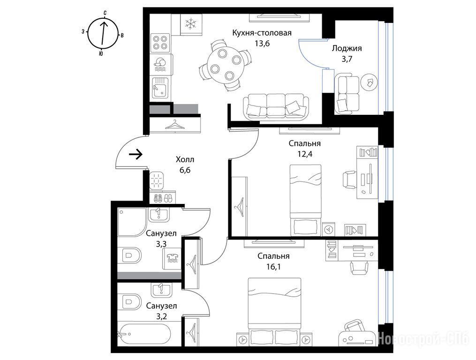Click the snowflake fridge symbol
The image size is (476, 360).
[x=191, y=24]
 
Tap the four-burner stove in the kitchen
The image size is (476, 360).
[x=160, y=43]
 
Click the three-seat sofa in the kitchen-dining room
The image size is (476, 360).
[x=276, y=106]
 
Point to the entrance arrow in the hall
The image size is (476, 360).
[x=136, y=155]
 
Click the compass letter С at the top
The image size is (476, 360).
[x=105, y=13]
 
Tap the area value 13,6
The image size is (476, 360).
[x=262, y=44]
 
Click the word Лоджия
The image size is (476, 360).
[x=347, y=49]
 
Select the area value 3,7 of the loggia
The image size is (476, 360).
[x=347, y=59]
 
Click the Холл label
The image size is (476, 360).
[x=185, y=159]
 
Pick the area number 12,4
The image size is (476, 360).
[x=305, y=154]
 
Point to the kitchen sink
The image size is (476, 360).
[x=160, y=87]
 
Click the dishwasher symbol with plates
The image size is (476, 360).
[x=160, y=64]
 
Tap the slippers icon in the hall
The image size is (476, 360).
[x=163, y=198]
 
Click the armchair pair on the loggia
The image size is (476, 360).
[x=347, y=93]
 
